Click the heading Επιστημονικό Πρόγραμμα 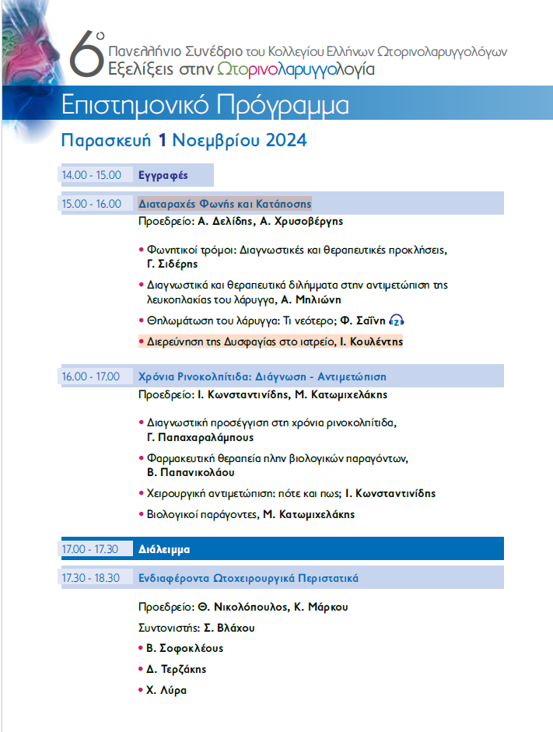(205, 107)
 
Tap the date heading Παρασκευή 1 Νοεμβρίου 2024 (184, 141)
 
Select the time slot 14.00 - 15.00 (92, 176)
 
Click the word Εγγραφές (163, 176)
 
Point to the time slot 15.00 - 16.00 (92, 204)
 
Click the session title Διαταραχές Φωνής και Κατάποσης (225, 204)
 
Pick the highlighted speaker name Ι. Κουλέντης (371, 341)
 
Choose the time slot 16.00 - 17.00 (92, 377)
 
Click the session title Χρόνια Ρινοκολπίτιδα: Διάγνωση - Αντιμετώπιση (262, 377)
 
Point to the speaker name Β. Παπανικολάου (191, 472)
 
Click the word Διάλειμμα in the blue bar (165, 549)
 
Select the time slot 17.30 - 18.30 (92, 578)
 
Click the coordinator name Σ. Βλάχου (229, 628)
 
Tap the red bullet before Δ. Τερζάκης (141, 669)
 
